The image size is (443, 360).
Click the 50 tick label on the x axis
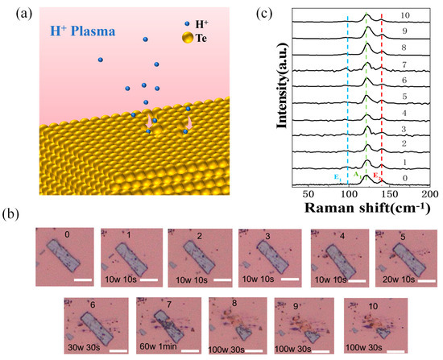click(x=308, y=194)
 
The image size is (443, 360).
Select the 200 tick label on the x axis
click(x=429, y=194)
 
